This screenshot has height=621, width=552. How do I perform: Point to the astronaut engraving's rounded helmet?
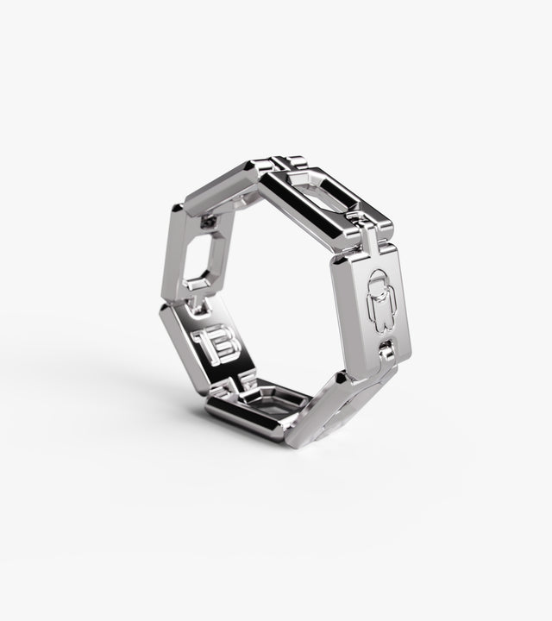pos(379,281)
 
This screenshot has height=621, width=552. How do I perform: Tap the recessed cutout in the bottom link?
pos(274,401)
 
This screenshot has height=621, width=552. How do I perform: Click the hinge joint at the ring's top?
pos(282,162)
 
